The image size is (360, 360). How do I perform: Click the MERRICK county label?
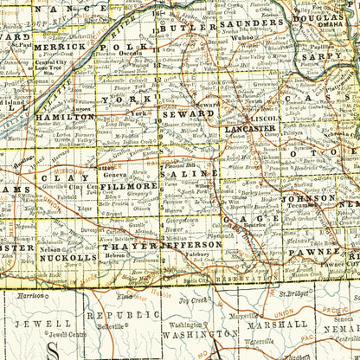click(61, 47)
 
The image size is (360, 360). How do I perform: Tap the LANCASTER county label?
click(250, 128)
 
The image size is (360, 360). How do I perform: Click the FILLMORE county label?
click(129, 185)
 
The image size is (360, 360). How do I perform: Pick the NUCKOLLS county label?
click(68, 257)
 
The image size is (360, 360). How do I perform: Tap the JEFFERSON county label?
click(191, 245)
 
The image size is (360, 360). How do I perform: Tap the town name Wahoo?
click(241, 38)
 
